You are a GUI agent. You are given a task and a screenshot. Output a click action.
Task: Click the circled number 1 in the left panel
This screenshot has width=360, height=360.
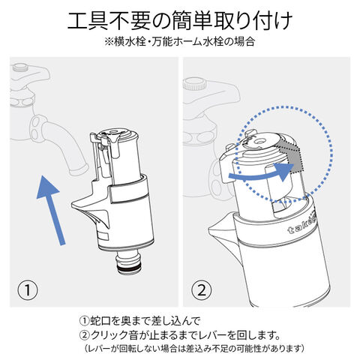tap(28, 290)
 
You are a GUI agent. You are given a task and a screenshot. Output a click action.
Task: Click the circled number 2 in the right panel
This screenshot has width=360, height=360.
tap(202, 290)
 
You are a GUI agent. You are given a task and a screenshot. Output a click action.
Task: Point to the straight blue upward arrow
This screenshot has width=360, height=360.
tap(51, 210)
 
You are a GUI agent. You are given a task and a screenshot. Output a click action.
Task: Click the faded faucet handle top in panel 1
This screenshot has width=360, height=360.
tap(21, 67)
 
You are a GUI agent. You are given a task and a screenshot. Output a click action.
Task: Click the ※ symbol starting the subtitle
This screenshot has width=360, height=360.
tap(109, 42)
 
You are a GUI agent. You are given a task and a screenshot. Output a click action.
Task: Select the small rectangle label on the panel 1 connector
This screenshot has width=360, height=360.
tap(103, 236)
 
